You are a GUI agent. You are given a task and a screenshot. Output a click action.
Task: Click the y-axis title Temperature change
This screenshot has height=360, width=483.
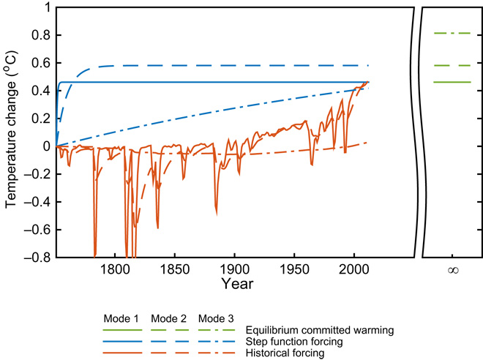(10, 132)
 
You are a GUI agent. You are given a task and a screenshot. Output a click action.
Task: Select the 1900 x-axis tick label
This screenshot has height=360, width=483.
(234, 269)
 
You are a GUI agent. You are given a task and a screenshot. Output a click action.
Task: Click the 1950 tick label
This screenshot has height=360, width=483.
(294, 269)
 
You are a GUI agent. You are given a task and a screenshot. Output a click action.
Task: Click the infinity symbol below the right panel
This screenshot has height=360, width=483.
(453, 270)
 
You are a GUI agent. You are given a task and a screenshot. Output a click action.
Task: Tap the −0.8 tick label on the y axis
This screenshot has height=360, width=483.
(35, 258)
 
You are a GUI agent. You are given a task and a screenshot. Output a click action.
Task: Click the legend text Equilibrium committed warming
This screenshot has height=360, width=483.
(321, 330)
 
